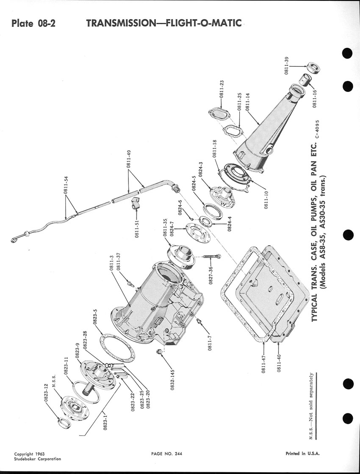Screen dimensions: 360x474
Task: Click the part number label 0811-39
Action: point(287,65)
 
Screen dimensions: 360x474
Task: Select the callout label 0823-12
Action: point(46,393)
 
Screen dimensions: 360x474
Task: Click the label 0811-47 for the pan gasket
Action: point(263,364)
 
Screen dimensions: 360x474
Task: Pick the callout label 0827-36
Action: point(210,275)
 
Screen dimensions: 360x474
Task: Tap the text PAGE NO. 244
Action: point(167,454)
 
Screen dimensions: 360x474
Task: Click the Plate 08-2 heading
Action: point(33,23)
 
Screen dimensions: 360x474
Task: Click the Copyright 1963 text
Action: point(29,454)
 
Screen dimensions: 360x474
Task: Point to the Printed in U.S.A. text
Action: point(303,454)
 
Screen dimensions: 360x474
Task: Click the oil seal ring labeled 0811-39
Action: point(313,68)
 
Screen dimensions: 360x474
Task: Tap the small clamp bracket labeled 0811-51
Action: point(135,202)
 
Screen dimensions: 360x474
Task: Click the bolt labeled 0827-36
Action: point(211,256)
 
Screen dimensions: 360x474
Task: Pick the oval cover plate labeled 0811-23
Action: point(219,114)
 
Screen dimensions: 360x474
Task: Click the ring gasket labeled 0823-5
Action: point(117,348)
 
